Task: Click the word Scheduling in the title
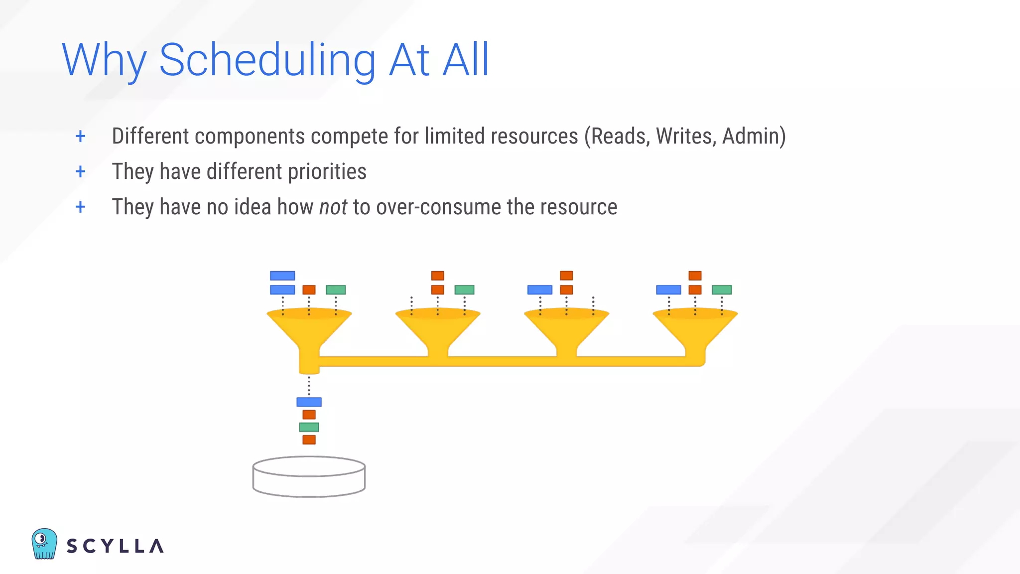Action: pyautogui.click(x=267, y=61)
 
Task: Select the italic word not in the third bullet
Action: pyautogui.click(x=333, y=207)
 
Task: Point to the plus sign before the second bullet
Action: pyautogui.click(x=80, y=171)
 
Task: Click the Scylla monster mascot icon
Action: pyautogui.click(x=44, y=544)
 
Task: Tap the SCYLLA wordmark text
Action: pyautogui.click(x=115, y=546)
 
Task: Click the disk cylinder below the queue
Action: pyautogui.click(x=309, y=477)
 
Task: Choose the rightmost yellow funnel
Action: pyautogui.click(x=695, y=329)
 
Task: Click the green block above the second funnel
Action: pyautogui.click(x=464, y=289)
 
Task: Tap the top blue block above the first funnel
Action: pyautogui.click(x=282, y=276)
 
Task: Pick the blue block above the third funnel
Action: pyautogui.click(x=540, y=289)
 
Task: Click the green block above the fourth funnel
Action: pyautogui.click(x=722, y=289)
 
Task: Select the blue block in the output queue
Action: pyautogui.click(x=309, y=402)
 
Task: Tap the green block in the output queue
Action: pyautogui.click(x=309, y=427)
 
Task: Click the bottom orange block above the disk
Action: pyautogui.click(x=309, y=439)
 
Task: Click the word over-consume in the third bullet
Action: pyautogui.click(x=438, y=207)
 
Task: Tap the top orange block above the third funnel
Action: pyautogui.click(x=566, y=276)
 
